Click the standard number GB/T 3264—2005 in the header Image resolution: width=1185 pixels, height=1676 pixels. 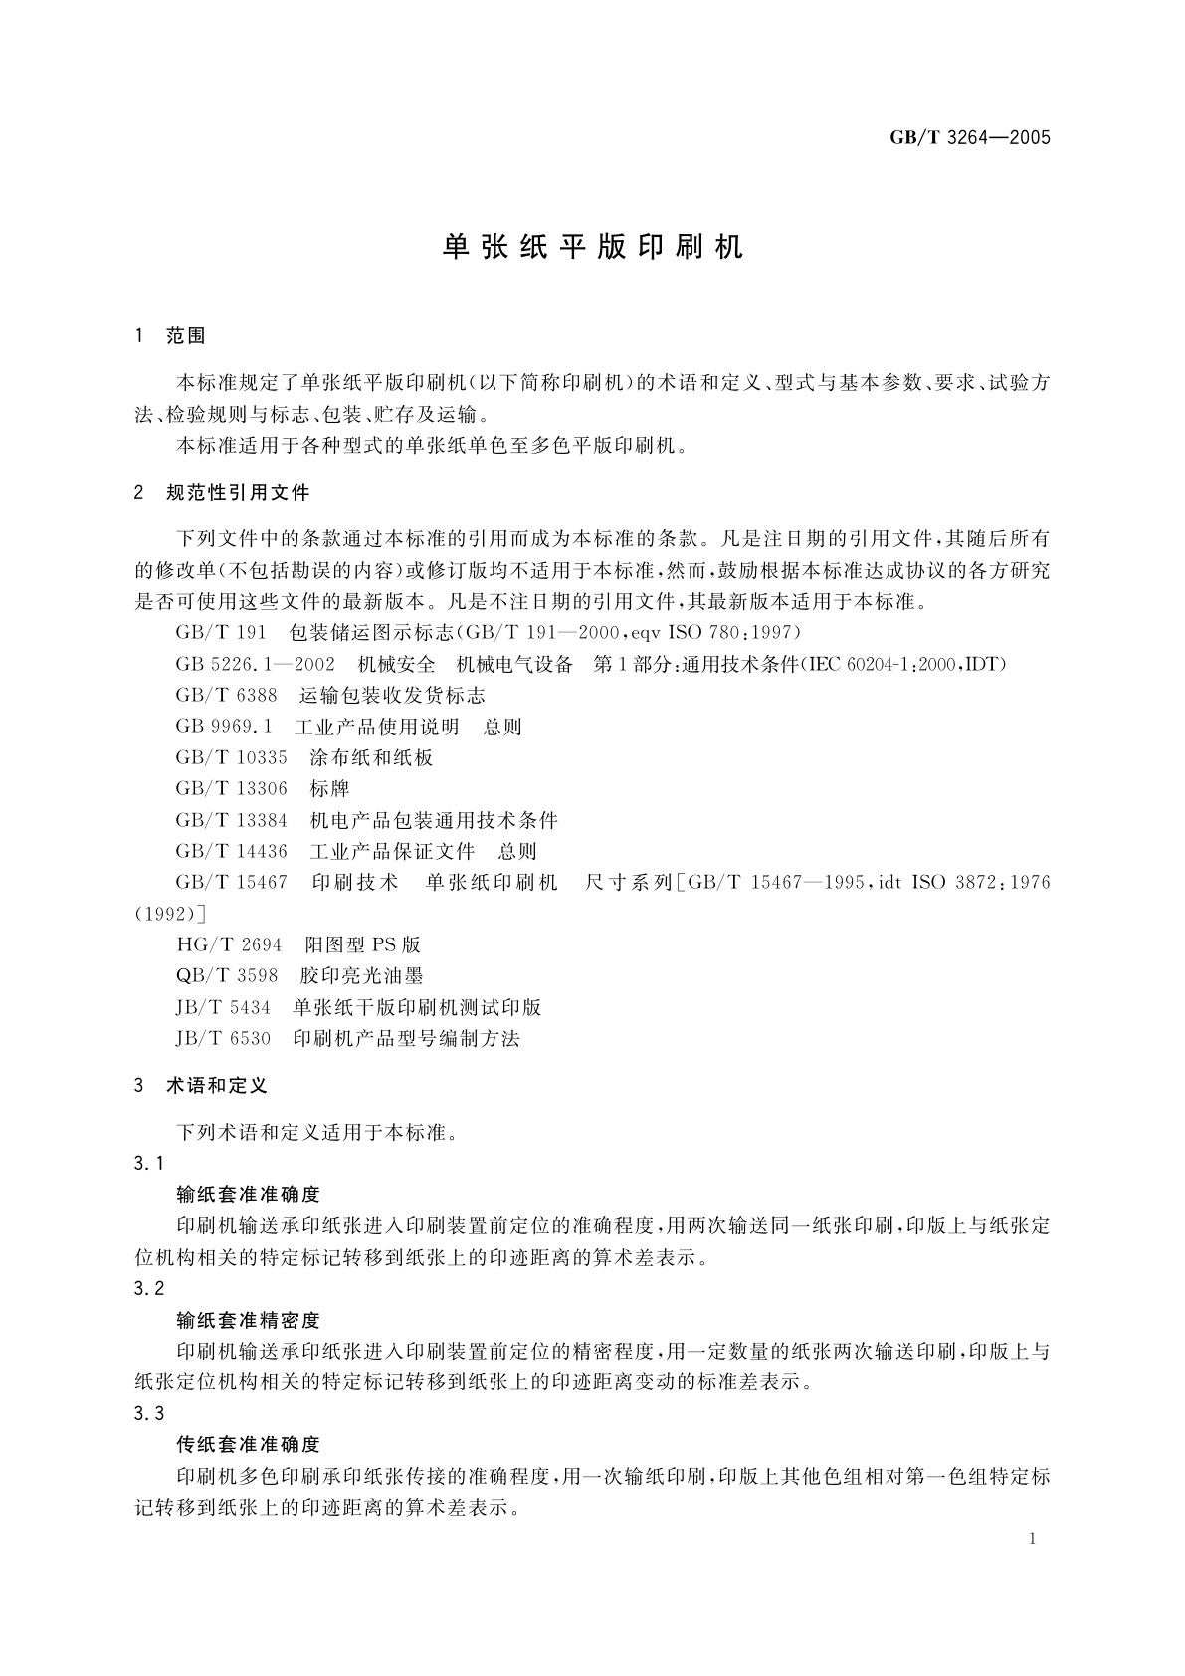[969, 138]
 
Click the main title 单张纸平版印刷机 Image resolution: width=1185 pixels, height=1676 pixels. [593, 248]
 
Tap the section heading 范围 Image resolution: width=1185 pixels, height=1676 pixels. [186, 336]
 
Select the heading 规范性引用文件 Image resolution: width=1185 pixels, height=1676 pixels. [238, 492]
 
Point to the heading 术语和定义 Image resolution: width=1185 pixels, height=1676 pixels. [217, 1086]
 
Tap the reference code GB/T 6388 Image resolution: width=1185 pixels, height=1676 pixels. [226, 696]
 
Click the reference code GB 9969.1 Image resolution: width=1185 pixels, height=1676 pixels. [223, 727]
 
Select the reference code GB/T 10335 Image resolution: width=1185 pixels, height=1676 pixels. [231, 757]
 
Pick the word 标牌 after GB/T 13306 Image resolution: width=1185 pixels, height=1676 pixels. [329, 789]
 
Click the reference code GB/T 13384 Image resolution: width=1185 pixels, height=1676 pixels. [231, 820]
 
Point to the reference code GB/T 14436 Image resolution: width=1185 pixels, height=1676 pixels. [231, 851]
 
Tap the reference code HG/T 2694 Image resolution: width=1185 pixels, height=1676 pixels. [229, 944]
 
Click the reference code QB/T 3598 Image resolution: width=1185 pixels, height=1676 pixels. [228, 975]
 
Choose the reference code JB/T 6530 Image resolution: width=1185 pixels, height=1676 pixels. [223, 1038]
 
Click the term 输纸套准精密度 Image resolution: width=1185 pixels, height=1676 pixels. [248, 1321]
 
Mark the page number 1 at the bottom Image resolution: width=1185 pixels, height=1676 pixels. [1033, 1539]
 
